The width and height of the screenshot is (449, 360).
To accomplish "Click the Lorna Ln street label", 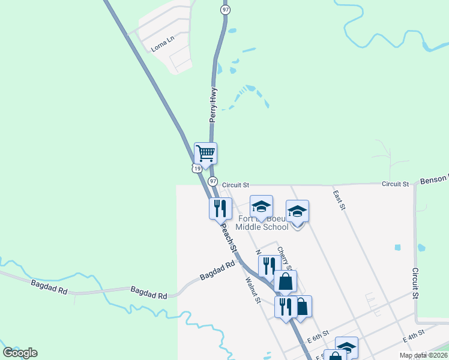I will (x=162, y=45).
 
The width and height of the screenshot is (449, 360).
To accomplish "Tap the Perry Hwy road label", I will (x=212, y=106).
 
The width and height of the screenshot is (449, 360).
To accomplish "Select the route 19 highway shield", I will (x=197, y=169).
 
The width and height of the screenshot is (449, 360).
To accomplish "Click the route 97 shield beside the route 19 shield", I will (x=212, y=181).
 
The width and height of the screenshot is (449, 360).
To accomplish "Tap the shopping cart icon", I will (x=205, y=153).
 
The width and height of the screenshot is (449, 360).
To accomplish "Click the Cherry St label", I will (x=284, y=258).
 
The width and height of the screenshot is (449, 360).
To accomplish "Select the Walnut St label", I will (x=252, y=288).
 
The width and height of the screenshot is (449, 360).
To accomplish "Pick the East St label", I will (x=339, y=200).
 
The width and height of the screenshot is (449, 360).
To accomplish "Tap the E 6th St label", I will (x=318, y=333).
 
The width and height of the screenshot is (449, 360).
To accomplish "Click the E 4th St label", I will (x=414, y=335).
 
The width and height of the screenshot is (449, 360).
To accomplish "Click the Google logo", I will (x=20, y=353).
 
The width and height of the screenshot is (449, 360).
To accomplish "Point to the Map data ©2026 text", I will (x=423, y=355).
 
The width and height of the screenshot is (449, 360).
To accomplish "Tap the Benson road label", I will (x=434, y=179).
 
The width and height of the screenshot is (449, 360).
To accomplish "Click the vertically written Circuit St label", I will (x=415, y=284).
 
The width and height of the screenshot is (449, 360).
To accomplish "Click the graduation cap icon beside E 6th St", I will (x=346, y=346).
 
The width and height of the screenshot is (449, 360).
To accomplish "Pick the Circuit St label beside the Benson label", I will (x=396, y=183).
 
